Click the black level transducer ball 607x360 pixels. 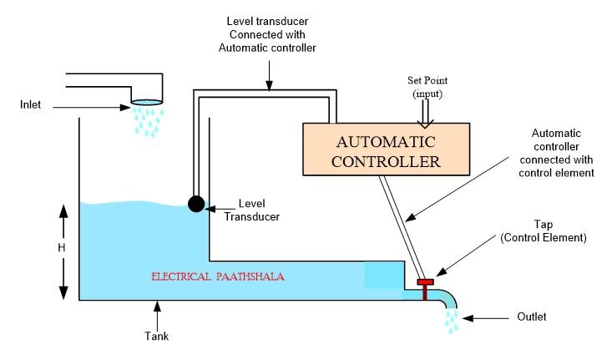196,204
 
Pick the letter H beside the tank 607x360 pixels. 62,248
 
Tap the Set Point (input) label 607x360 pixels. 427,86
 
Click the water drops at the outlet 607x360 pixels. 453,319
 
